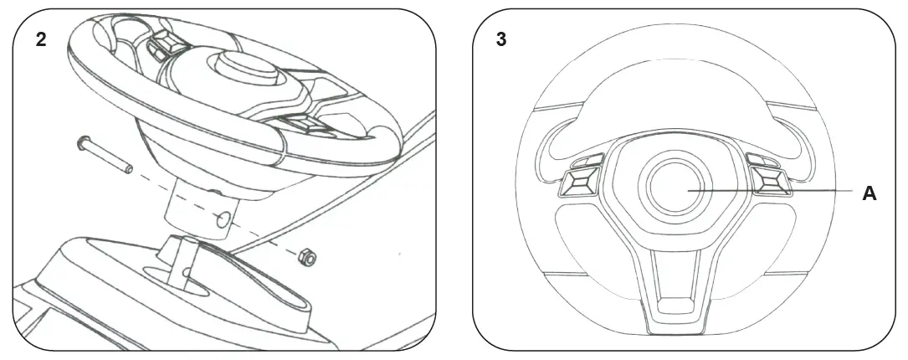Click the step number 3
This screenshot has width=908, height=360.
pyautogui.click(x=501, y=40)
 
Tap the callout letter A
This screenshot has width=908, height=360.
pyautogui.click(x=870, y=193)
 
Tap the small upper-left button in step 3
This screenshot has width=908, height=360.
pyautogui.click(x=589, y=160)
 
